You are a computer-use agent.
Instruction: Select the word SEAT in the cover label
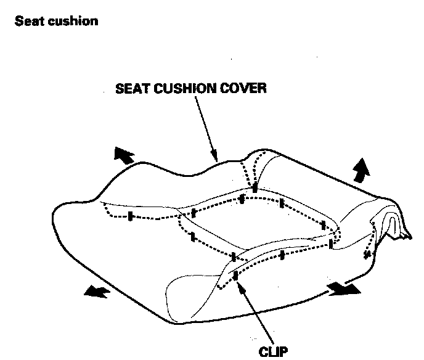131,89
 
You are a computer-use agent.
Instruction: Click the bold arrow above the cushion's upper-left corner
123,155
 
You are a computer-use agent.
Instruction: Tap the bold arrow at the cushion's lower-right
342,287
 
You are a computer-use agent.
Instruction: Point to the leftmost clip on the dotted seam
131,216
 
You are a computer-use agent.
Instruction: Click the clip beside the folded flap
368,253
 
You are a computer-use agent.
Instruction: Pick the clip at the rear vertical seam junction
255,187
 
